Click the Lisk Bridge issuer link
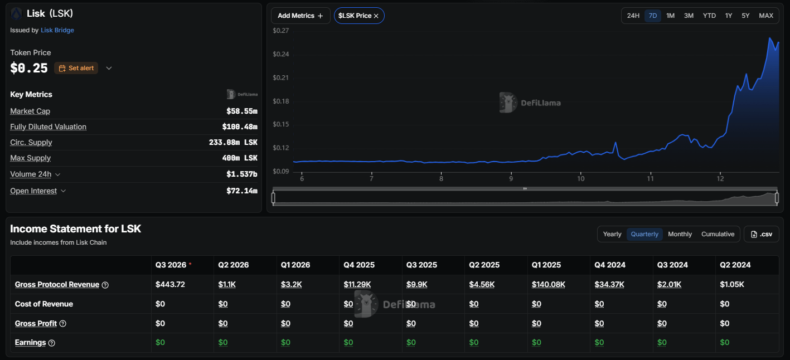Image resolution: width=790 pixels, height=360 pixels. [57, 30]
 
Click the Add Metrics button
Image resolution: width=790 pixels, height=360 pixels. [301, 16]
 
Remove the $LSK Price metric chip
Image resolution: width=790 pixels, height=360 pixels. [376, 16]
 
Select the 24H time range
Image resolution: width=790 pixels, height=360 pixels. [633, 16]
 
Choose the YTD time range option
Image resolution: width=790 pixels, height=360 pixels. [709, 16]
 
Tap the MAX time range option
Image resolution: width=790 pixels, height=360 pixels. [766, 16]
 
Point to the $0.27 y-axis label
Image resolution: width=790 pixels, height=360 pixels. [281, 31]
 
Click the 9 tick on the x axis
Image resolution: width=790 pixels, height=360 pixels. [511, 179]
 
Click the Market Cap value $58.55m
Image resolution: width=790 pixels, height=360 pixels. [242, 111]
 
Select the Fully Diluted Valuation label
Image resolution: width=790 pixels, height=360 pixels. [48, 127]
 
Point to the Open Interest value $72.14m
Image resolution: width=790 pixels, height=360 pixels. [242, 191]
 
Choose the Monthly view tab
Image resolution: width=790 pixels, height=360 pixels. [680, 234]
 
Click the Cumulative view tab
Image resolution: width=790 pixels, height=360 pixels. [718, 234]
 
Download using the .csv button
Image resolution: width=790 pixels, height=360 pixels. [762, 234]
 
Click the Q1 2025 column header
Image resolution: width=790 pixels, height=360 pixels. [546, 265]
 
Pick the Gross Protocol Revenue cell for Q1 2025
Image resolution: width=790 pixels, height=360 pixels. [549, 284]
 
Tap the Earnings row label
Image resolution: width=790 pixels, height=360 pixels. [30, 342]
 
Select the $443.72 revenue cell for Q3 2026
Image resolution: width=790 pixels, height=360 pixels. [170, 284]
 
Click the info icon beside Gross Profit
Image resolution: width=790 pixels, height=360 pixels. [63, 323]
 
